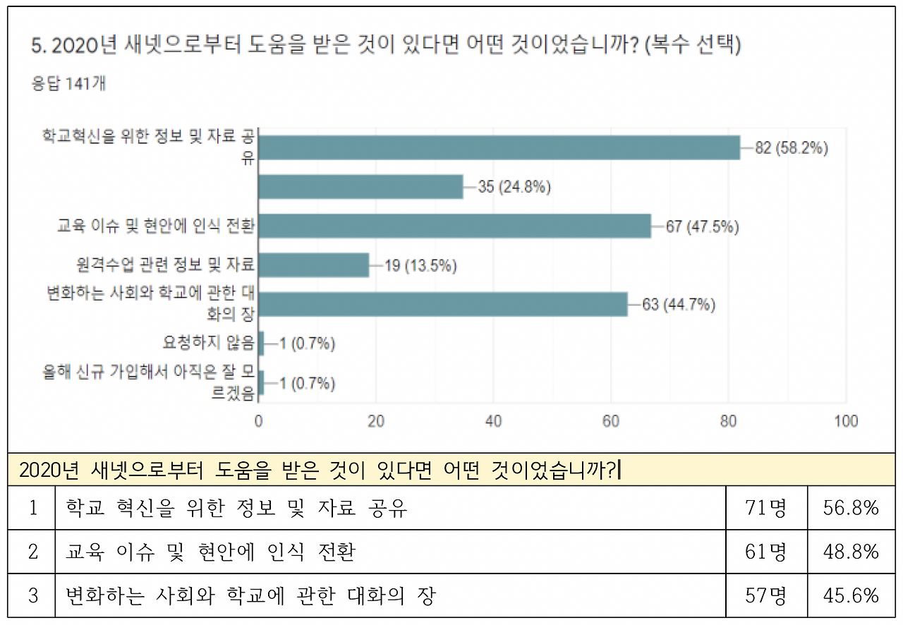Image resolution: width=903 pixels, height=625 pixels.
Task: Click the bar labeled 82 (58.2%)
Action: pos(499,148)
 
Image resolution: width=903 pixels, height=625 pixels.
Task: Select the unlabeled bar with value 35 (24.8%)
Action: pos(360,187)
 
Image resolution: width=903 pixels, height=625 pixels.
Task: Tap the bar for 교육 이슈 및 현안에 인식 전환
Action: pos(454,226)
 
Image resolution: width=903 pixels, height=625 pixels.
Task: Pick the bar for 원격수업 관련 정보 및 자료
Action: pos(314,266)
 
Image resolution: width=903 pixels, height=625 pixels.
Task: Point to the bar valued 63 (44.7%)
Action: pos(443,305)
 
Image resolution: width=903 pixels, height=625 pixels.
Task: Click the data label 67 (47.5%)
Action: pos(703,226)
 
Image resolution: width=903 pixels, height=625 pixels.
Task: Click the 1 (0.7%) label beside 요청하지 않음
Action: pos(307,344)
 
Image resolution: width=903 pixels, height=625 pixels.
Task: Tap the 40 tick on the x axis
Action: pos(494,421)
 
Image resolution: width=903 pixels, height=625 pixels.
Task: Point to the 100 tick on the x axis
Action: pos(846,421)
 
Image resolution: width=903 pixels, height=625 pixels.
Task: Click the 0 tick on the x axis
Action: pos(259,421)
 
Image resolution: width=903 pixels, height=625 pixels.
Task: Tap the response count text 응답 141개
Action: pos(68,83)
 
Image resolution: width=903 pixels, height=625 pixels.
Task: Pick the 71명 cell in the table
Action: pos(766,508)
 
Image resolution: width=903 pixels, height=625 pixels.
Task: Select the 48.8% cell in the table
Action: pos(851,552)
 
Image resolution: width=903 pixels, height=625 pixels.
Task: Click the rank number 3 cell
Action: pos(32,595)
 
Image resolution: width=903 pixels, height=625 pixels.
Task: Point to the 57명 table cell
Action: pos(766,595)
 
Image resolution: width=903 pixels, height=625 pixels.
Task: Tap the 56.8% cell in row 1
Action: pos(851,508)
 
